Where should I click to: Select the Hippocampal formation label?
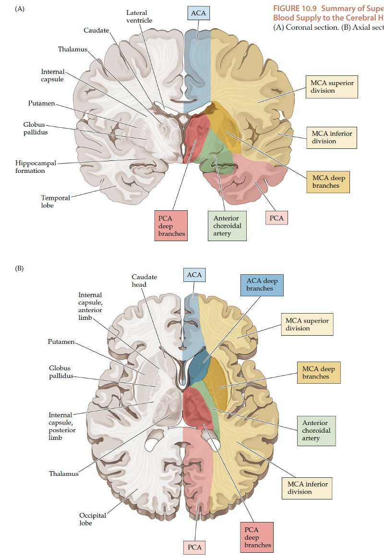tap(36, 167)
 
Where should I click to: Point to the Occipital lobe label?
tap(93, 519)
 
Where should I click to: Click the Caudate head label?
tap(144, 281)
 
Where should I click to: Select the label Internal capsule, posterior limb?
tap(62, 426)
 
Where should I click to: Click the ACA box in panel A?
tap(198, 13)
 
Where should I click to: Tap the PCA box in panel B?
tap(195, 547)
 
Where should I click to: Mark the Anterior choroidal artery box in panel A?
tap(227, 226)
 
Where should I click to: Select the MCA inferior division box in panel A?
tap(331, 137)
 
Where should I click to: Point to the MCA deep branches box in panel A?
tap(328, 182)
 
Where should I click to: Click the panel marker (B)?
tap(20, 268)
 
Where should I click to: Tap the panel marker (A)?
tap(20, 9)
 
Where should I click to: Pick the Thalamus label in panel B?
tap(63, 474)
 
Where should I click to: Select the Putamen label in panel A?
tap(41, 103)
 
